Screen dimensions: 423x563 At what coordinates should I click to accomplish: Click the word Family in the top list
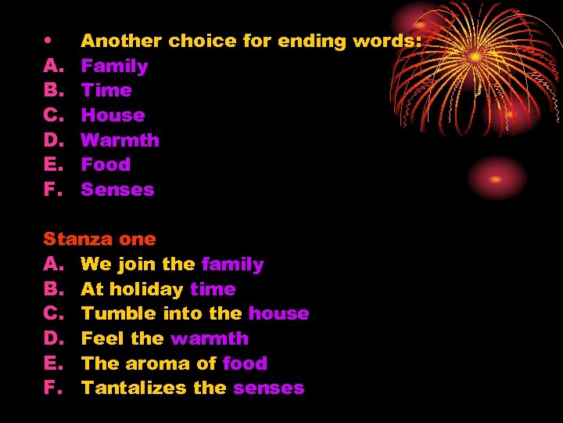pyautogui.click(x=114, y=66)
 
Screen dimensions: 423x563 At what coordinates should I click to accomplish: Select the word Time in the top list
pyautogui.click(x=106, y=90)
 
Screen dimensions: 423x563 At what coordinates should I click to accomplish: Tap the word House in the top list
pyautogui.click(x=113, y=115)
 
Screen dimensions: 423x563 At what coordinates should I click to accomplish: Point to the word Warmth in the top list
pyautogui.click(x=120, y=140)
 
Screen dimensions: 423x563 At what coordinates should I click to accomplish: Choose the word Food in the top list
pyautogui.click(x=106, y=164)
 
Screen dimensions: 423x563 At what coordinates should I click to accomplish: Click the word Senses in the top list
pyautogui.click(x=117, y=190)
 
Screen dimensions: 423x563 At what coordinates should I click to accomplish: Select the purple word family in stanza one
pyautogui.click(x=232, y=264)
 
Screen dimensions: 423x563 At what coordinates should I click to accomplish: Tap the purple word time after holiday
pyautogui.click(x=213, y=289)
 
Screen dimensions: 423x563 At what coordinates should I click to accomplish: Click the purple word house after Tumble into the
pyautogui.click(x=278, y=313)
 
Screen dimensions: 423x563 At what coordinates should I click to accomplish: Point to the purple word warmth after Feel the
pyautogui.click(x=210, y=338)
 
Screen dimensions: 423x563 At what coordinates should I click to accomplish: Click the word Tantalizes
pyautogui.click(x=131, y=388)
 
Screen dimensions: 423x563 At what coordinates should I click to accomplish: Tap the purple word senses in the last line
pyautogui.click(x=268, y=388)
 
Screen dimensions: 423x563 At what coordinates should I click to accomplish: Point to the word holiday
pyautogui.click(x=145, y=289)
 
